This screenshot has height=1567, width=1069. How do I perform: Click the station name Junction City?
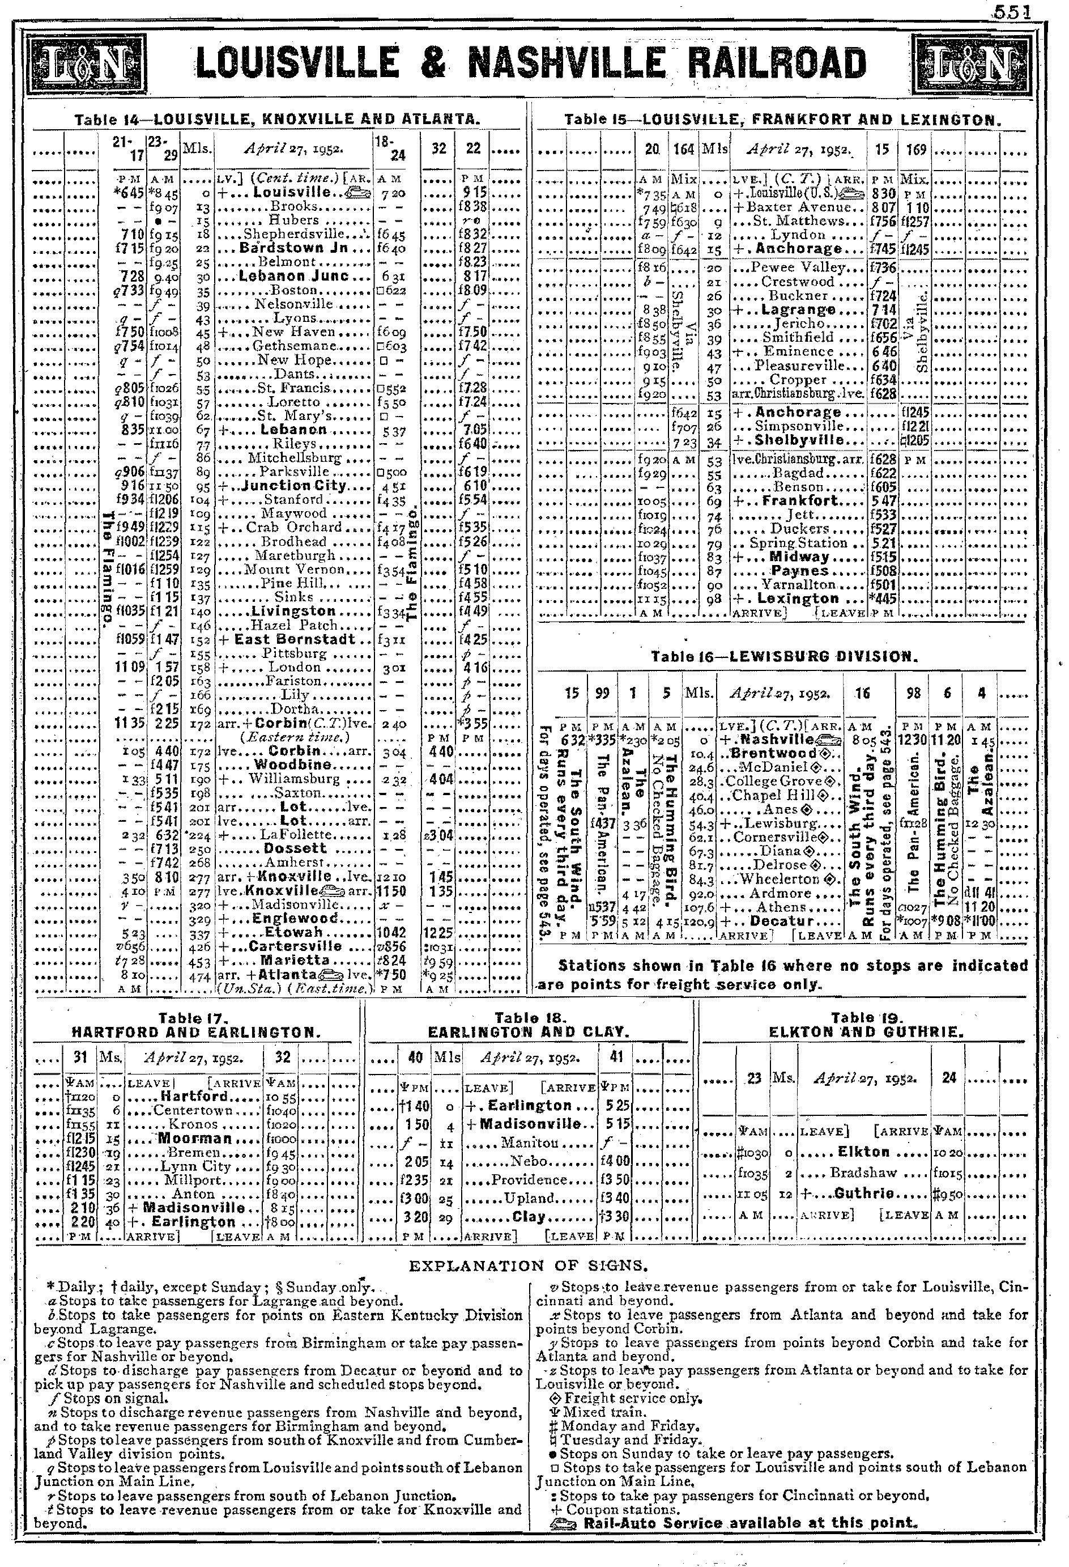294,486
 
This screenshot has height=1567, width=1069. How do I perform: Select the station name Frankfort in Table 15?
798,500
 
